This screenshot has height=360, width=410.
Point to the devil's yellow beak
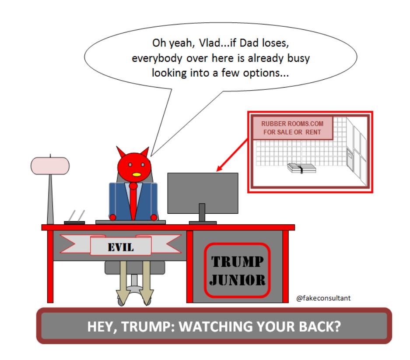[x=137, y=175]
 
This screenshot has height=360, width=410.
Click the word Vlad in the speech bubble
[x=195, y=44]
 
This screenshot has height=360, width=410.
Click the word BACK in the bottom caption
[x=322, y=326]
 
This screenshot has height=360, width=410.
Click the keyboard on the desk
[x=130, y=222]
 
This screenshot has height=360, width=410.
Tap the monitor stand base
[x=203, y=222]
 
